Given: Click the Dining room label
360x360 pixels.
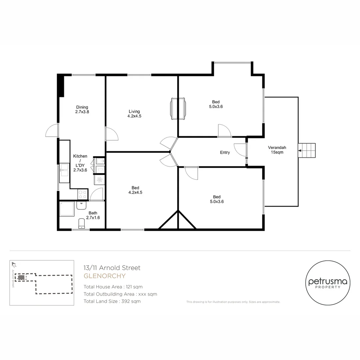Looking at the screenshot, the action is tap(82, 110).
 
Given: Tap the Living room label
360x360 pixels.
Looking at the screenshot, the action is tap(134, 114).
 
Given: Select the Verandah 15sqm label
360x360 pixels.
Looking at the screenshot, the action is tap(277, 150).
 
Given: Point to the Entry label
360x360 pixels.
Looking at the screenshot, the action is tap(225, 152).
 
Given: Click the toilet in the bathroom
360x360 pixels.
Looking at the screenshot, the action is tap(82, 223).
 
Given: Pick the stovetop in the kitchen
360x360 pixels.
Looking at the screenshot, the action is tap(83, 194).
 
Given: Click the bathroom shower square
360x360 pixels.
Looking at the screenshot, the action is tap(67, 209).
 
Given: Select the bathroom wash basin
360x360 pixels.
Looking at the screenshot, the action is tap(81, 205).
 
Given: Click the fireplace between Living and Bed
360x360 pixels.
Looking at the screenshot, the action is tap(178, 108).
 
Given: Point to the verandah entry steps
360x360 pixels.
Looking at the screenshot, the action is tap(307, 150).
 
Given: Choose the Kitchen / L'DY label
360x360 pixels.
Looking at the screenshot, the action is tap(80, 163).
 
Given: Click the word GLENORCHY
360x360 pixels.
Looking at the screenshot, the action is tap(105, 276).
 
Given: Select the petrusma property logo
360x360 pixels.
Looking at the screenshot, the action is tap(328, 283).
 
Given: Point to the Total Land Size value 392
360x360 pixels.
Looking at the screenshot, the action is tap(126, 301).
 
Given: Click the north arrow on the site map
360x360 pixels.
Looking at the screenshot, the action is tap(14, 265).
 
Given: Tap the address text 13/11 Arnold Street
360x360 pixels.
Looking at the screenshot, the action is tap(112, 268).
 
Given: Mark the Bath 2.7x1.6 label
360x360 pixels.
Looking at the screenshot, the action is tap(93, 215).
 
